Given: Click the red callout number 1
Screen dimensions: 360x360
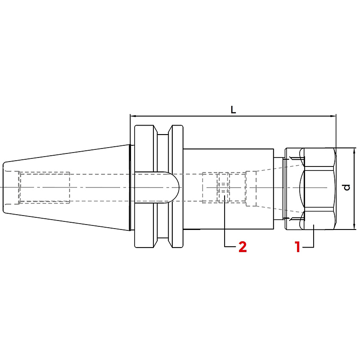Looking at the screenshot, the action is pos(298,247).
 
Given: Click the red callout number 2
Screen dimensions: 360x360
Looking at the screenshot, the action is pos(243,247).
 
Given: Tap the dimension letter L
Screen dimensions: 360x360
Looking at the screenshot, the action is pos(233,110).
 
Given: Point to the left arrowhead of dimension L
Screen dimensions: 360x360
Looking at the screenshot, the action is pos(133,116).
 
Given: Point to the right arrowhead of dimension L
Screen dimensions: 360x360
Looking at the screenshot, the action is pos(333,116).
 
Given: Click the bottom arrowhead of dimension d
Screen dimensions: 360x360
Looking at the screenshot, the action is pos(354,226).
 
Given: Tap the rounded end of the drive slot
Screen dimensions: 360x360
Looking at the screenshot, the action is pos(175,187).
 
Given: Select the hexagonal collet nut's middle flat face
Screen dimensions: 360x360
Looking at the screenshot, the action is pos(319,189).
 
